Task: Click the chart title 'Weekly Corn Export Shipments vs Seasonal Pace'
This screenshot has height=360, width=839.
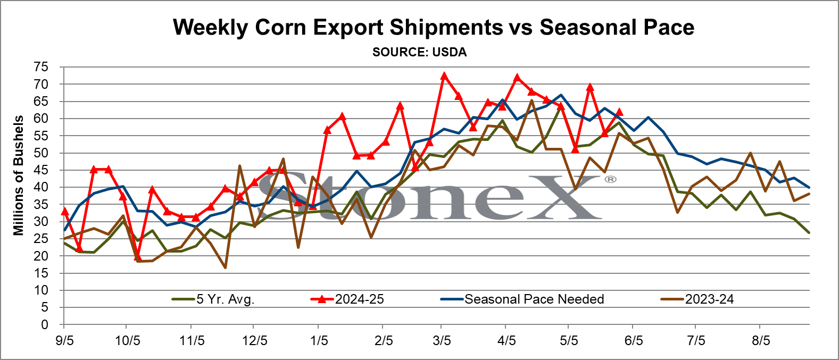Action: [434, 27]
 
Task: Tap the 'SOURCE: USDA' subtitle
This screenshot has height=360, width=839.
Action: [419, 52]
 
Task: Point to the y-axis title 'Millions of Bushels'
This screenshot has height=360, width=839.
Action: [18, 175]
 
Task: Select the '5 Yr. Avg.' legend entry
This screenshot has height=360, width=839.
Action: [213, 299]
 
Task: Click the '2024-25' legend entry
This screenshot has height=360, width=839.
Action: [347, 299]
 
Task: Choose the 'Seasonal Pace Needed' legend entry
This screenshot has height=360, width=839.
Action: [522, 299]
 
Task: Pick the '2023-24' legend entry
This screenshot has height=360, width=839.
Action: [697, 299]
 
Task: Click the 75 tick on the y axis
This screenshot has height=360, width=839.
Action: [41, 67]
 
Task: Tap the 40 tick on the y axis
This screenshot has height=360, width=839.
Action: [41, 187]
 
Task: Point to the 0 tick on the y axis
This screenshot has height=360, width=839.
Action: [45, 324]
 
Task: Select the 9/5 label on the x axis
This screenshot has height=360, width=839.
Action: [64, 341]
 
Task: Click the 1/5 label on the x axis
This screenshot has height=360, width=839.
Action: [318, 341]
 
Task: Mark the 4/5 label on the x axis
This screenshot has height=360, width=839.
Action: [505, 341]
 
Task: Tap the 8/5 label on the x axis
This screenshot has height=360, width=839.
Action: [761, 341]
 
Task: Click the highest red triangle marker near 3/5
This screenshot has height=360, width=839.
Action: [444, 76]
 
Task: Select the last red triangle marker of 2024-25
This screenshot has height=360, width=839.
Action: [619, 112]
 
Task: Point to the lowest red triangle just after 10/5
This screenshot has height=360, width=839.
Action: [137, 257]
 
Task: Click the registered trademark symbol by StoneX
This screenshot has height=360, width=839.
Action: [610, 180]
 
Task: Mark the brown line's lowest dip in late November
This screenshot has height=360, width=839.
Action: [225, 267]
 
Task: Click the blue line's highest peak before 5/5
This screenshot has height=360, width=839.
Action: [561, 95]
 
